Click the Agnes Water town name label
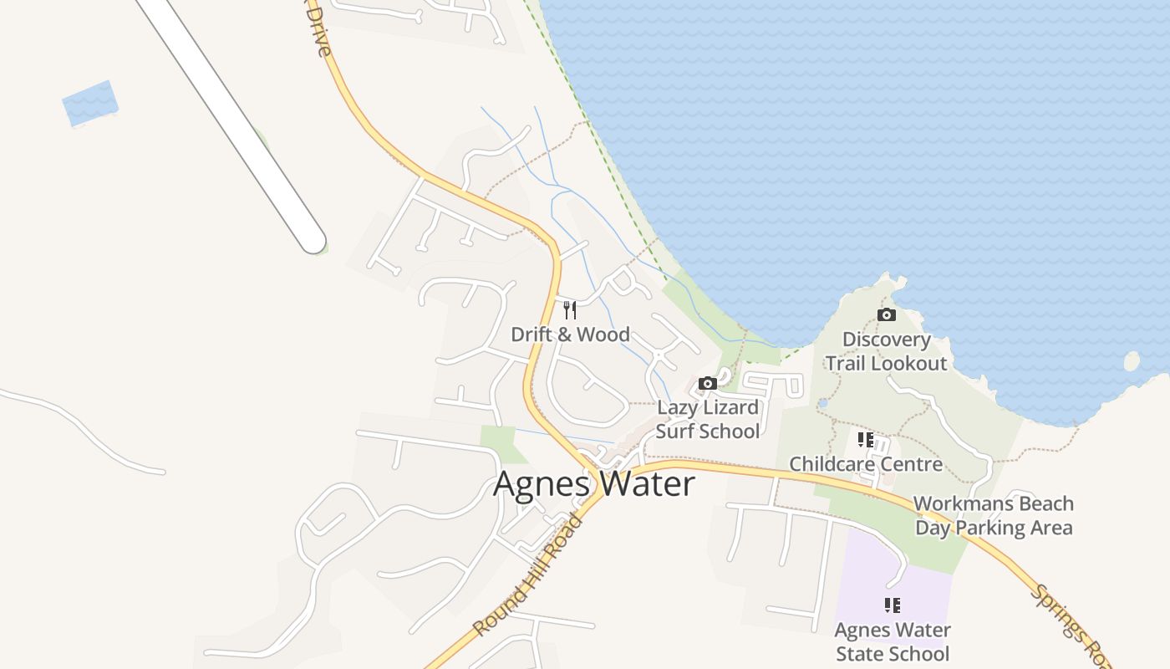pos(594,484)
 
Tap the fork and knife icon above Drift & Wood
pos(570,310)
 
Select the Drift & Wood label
pos(570,334)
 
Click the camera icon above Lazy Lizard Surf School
pos(708,383)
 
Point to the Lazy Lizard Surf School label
pos(708,419)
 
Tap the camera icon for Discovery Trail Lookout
pos(887,314)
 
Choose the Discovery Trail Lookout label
pos(887,351)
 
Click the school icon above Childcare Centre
pos(866,439)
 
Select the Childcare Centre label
pos(866,464)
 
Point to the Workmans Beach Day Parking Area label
pos(994,515)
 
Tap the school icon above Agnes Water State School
pos(893,605)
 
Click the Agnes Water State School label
pos(893,641)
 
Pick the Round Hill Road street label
pos(527,576)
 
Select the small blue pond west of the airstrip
pos(90,104)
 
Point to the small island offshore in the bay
pos(1132,361)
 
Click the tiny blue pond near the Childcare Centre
pos(823,402)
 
